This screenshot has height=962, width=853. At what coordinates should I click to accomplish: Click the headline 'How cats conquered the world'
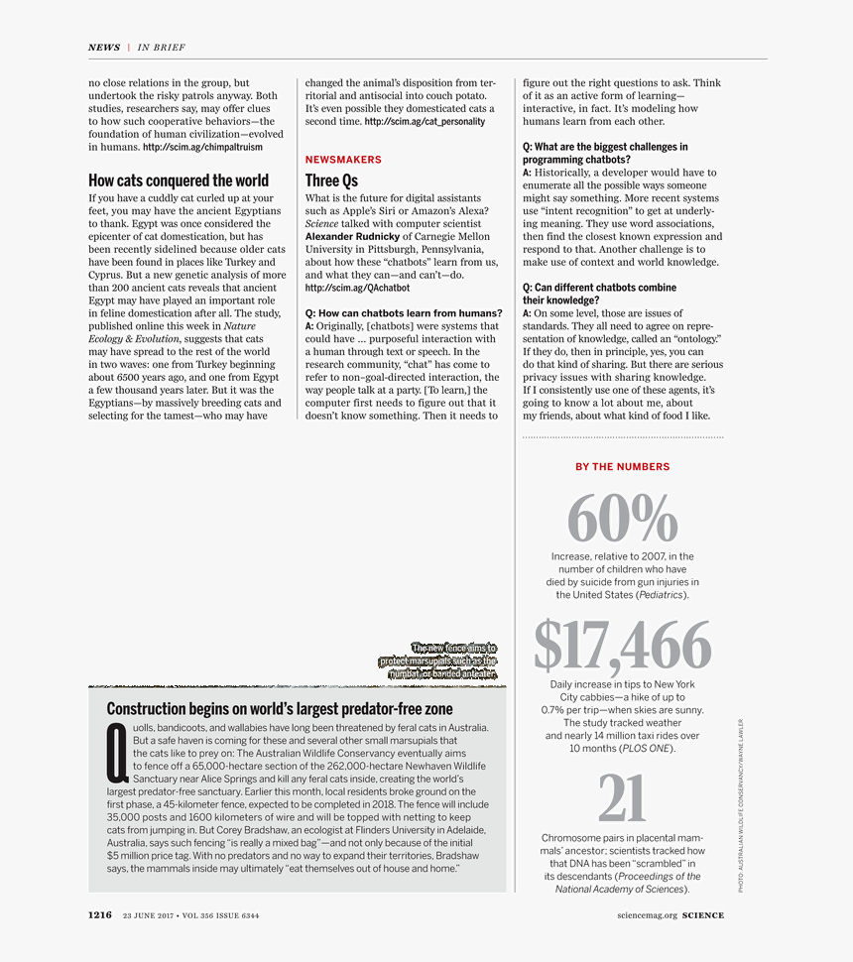pyautogui.click(x=179, y=180)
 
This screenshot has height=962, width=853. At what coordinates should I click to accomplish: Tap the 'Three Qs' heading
pyautogui.click(x=331, y=180)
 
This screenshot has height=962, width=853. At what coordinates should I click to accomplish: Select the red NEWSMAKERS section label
pyautogui.click(x=343, y=160)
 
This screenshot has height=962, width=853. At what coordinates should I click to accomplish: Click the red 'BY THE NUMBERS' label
pyautogui.click(x=622, y=467)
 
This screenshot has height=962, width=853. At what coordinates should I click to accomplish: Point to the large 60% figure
pyautogui.click(x=622, y=518)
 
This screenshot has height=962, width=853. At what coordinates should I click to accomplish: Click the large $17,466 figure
pyautogui.click(x=622, y=646)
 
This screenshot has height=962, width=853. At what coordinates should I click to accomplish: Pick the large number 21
pyautogui.click(x=622, y=800)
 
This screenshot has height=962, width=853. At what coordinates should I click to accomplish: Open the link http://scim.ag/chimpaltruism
pyautogui.click(x=202, y=147)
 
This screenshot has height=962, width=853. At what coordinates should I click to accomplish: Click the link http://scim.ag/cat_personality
pyautogui.click(x=425, y=122)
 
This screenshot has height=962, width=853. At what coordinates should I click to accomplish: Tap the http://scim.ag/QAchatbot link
pyautogui.click(x=357, y=289)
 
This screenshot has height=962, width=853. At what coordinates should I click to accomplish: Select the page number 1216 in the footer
pyautogui.click(x=99, y=915)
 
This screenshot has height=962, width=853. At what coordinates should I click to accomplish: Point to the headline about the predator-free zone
pyautogui.click(x=280, y=709)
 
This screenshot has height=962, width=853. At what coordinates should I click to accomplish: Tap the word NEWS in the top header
pyautogui.click(x=104, y=48)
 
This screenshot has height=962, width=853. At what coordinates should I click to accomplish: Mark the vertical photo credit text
pyautogui.click(x=740, y=805)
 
